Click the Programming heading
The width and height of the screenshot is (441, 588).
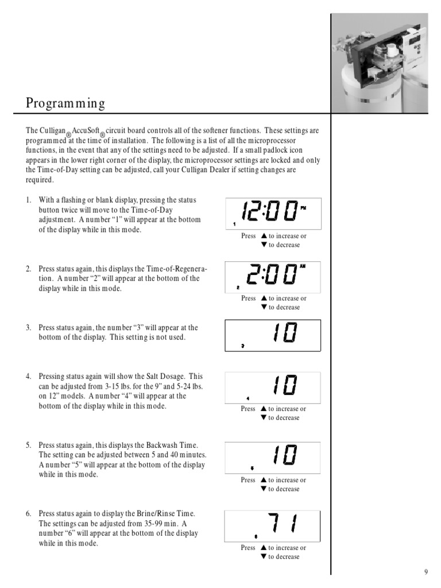[x=65, y=103]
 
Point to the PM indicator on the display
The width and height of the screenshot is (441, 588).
[x=303, y=207]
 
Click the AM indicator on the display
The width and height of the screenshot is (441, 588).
[x=303, y=266]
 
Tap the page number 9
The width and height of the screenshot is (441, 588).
[x=426, y=572]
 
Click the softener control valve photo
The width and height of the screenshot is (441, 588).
[x=380, y=63]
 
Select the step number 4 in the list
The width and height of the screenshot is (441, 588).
[x=28, y=376]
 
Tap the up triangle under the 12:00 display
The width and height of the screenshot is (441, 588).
[x=264, y=236]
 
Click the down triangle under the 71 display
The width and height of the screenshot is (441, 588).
[x=264, y=556]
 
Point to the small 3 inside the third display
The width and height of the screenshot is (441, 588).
[x=243, y=346]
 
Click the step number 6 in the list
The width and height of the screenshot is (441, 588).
[x=28, y=513]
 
